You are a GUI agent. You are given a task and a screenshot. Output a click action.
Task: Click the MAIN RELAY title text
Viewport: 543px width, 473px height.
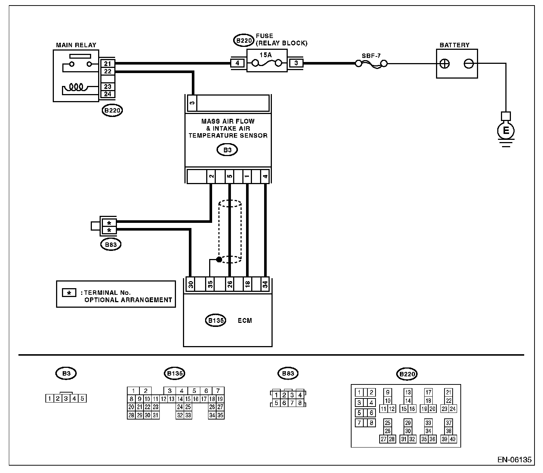(76, 45)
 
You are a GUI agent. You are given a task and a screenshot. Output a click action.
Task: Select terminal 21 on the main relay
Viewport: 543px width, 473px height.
(107, 64)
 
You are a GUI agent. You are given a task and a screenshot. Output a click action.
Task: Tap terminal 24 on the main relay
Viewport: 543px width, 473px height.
(107, 94)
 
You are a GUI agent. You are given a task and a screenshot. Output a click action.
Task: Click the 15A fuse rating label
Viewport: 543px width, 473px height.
(266, 55)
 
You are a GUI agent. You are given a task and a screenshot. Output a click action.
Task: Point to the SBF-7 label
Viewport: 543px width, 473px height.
(371, 56)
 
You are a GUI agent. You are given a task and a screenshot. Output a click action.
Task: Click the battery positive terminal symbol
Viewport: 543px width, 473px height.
(445, 64)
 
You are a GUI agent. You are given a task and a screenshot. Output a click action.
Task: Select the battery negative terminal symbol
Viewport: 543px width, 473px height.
(468, 64)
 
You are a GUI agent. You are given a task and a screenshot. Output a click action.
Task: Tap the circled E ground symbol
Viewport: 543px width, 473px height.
(506, 130)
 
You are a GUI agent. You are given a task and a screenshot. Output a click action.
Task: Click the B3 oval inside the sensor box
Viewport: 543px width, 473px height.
(227, 150)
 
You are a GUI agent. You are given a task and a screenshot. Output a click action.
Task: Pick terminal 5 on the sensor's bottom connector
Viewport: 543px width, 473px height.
(229, 176)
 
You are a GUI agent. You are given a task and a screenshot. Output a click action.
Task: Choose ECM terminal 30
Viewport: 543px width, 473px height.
(191, 284)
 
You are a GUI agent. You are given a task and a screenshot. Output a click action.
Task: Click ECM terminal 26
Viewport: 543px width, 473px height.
(229, 284)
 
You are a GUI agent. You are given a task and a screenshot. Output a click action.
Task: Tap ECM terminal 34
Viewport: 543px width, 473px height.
(265, 284)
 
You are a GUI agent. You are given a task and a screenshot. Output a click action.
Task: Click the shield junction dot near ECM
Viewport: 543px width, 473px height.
(219, 259)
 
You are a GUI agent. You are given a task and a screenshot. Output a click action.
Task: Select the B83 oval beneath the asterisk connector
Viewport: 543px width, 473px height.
(111, 245)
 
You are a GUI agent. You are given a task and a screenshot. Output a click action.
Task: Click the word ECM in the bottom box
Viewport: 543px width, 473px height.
(245, 321)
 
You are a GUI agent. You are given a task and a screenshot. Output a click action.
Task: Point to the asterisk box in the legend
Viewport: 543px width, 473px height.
(69, 293)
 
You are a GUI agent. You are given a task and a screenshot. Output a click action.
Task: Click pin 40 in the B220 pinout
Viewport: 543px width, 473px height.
(453, 439)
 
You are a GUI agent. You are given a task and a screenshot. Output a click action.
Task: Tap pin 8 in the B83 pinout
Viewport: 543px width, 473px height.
(300, 403)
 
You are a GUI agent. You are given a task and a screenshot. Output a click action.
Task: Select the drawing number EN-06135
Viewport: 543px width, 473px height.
(514, 459)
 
